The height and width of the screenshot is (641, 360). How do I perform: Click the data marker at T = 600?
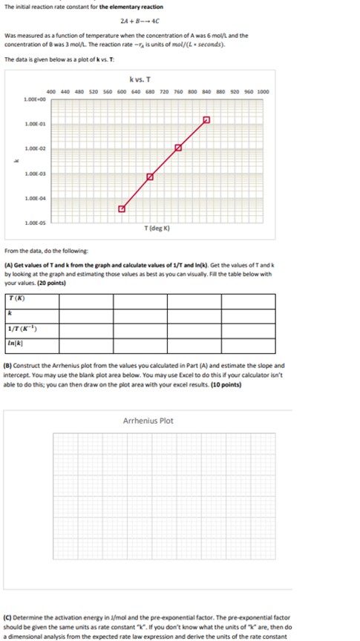coord(122,209)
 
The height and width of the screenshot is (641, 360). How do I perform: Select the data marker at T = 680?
coord(150,177)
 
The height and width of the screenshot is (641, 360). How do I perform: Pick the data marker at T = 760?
coord(178,148)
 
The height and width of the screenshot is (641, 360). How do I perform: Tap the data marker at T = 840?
coord(206,119)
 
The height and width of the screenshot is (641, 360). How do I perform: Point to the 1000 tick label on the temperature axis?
coord(264,91)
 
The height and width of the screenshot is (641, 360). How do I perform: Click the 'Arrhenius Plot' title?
coord(148,421)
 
